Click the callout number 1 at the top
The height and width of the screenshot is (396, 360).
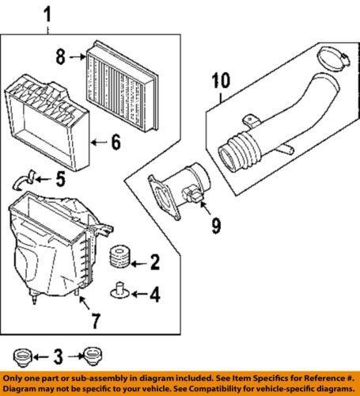tap(47, 15)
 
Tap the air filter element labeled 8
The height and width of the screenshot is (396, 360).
tap(123, 86)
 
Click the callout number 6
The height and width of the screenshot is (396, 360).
tap(116, 143)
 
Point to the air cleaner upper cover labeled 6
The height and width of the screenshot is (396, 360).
tap(47, 122)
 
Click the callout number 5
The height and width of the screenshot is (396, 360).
tap(60, 179)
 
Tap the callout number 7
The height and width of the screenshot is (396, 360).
tap(95, 321)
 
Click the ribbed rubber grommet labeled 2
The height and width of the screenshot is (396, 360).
tap(119, 256)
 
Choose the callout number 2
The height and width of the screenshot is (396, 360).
tap(155, 262)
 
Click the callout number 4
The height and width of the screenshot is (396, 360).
tap(155, 295)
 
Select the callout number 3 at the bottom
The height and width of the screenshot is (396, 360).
tap(58, 356)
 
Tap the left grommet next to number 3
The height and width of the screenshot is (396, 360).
tap(23, 357)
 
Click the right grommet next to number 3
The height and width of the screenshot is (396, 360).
tap(93, 356)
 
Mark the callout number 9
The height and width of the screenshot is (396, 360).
tap(216, 226)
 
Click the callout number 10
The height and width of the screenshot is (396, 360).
tap(221, 80)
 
